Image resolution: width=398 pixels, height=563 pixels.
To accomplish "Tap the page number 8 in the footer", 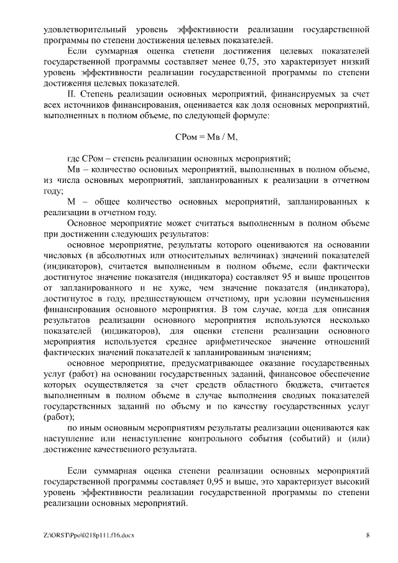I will pyautogui.click(x=368, y=535).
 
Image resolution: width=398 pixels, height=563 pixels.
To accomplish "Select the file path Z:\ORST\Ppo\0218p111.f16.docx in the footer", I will pyautogui.click(x=89, y=535).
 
